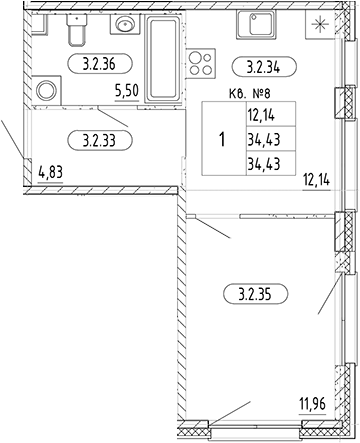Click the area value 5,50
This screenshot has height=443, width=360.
pyautogui.click(x=129, y=92)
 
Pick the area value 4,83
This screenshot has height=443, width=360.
pyautogui.click(x=50, y=171)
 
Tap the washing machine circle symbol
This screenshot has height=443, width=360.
pyautogui.click(x=46, y=91)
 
